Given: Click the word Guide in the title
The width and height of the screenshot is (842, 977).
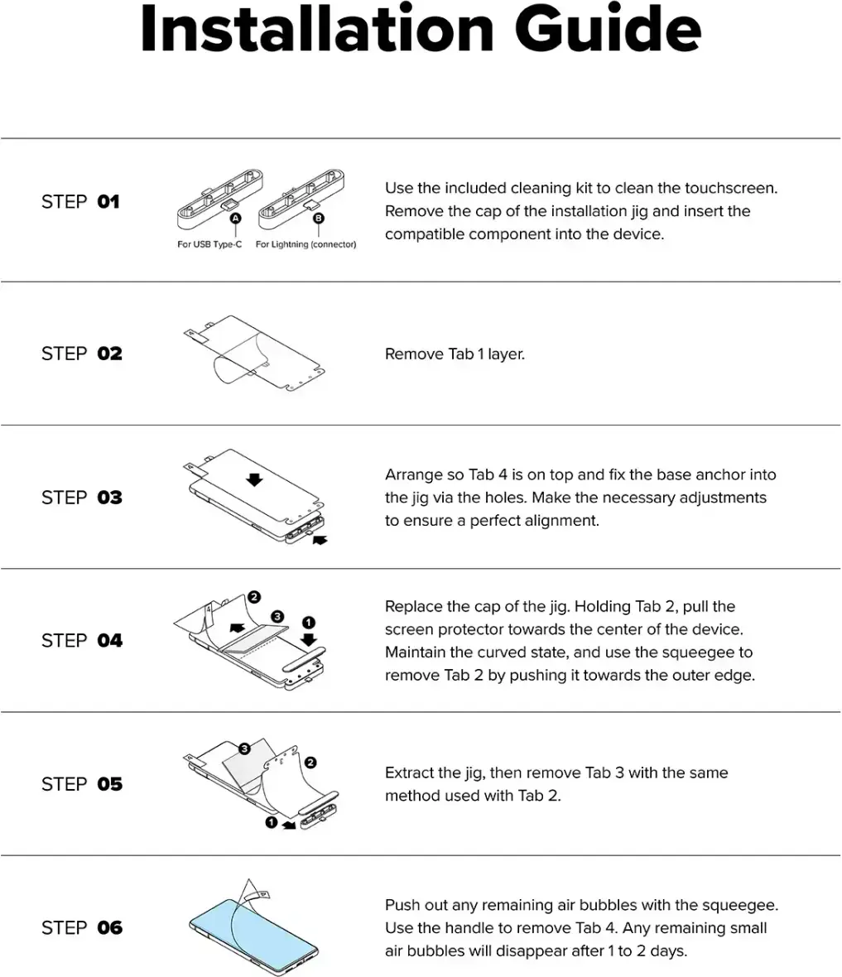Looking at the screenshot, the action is [608, 28].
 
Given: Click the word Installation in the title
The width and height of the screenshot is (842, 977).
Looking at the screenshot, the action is [317, 28].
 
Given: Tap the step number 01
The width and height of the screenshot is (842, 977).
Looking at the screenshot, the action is [108, 202].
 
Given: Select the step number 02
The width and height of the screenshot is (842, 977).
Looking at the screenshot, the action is [109, 354].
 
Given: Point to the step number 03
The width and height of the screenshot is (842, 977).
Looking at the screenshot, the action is [109, 498].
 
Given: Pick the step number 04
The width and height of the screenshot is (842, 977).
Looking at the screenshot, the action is [109, 641].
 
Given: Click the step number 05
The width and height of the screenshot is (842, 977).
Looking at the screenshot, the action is [109, 784].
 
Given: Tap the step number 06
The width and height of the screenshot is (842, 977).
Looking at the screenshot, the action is [109, 928].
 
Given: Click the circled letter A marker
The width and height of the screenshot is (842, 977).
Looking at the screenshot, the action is [236, 218].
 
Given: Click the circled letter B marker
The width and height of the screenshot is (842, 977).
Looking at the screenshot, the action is [319, 218].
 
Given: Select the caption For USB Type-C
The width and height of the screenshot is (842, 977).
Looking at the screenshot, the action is [209, 244].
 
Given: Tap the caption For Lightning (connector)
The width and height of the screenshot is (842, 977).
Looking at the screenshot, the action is [306, 244].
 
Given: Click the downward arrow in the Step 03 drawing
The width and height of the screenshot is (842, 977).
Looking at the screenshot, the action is [254, 479].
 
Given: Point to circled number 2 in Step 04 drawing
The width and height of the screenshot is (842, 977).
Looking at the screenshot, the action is [253, 597].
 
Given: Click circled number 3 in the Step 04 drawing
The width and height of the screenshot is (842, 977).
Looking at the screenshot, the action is [277, 616].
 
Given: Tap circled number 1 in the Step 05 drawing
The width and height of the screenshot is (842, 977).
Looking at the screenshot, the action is [271, 822].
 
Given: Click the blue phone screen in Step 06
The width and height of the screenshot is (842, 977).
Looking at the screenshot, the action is [249, 928].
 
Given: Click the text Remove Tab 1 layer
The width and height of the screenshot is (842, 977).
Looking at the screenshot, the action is [455, 354].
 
